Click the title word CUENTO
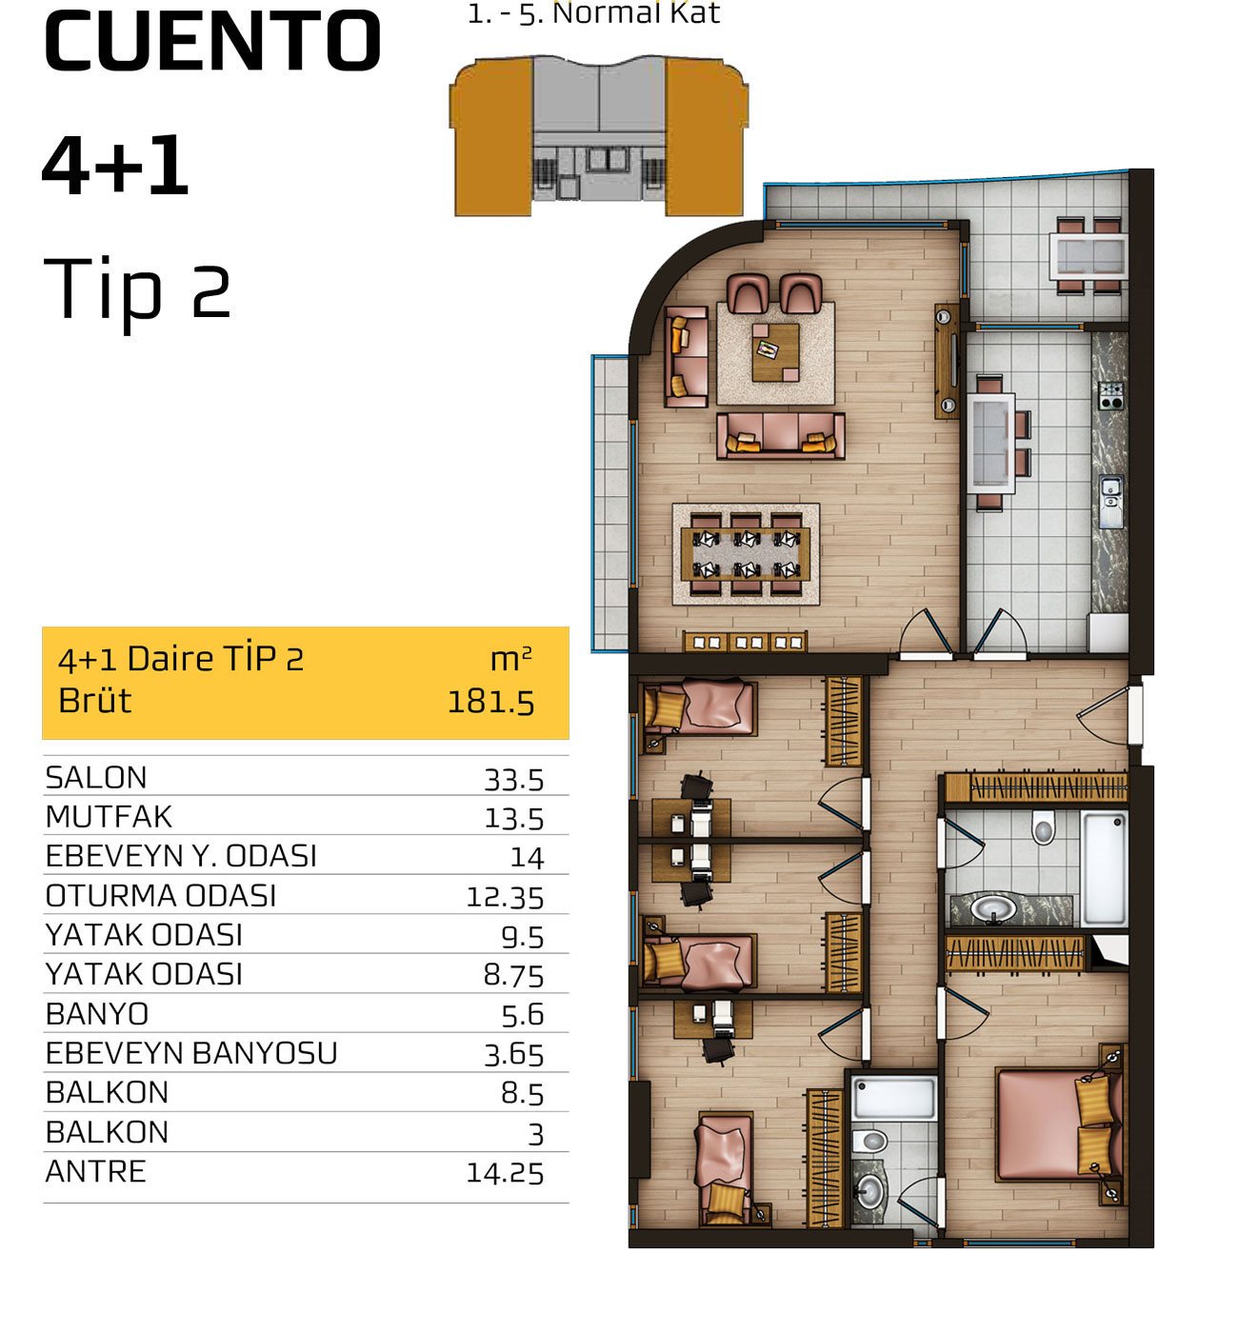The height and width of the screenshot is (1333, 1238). (212, 42)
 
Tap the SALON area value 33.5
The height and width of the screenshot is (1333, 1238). (513, 780)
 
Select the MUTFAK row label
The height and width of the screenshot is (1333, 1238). (109, 817)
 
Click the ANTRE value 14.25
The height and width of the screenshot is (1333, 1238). (504, 1173)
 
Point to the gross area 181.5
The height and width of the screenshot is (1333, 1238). (490, 702)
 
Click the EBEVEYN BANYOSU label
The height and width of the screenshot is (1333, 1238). (191, 1053)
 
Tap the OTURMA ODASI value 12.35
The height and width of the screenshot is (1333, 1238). (505, 897)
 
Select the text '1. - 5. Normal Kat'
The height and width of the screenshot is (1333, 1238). (593, 13)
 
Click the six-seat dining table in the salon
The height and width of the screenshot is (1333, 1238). (746, 554)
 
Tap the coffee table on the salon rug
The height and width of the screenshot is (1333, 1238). (775, 352)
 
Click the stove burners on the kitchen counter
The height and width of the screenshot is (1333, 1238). (1111, 395)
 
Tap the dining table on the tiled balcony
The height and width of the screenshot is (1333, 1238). (1088, 256)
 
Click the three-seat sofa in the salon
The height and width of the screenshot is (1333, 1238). (780, 436)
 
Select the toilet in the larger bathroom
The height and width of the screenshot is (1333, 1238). (1043, 827)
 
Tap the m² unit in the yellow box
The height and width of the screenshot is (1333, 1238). (510, 659)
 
